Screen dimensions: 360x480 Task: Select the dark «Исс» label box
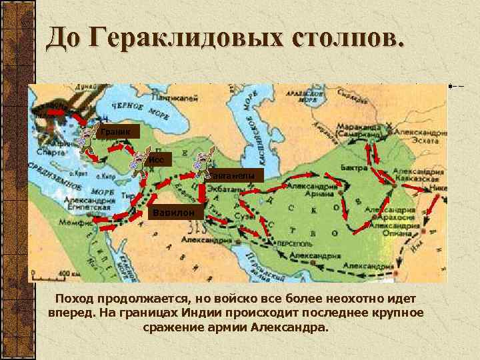point(160,159)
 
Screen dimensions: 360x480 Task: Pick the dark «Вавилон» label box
point(174,213)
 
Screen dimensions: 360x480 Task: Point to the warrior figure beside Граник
point(87,137)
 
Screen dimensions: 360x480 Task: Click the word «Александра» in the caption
point(289,328)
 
